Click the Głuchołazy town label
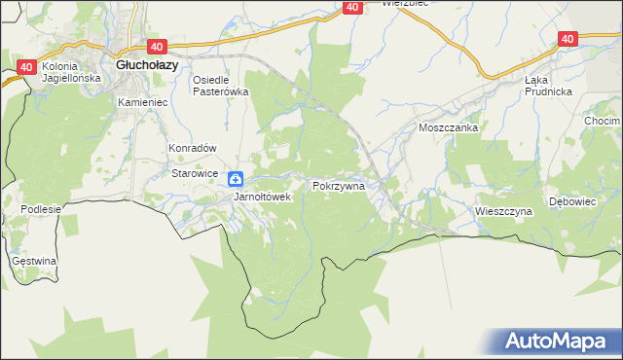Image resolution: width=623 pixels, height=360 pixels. click(x=146, y=65)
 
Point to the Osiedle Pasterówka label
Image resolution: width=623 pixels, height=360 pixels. click(x=221, y=86)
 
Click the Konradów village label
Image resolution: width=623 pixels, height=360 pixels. click(x=191, y=148)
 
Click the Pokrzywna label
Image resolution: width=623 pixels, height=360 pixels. click(x=338, y=184)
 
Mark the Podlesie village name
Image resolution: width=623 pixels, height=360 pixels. click(x=40, y=209)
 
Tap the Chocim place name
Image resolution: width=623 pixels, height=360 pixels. click(x=603, y=121)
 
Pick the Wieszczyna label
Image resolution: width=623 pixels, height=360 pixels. click(x=503, y=210)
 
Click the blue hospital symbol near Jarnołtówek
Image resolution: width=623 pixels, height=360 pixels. click(x=236, y=179)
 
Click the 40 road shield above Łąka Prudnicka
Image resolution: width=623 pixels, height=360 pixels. click(x=568, y=39)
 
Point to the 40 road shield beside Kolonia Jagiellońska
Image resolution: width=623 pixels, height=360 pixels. click(x=26, y=67)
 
